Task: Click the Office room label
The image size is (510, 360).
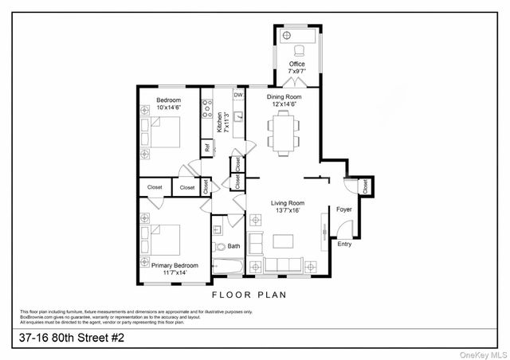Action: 296,64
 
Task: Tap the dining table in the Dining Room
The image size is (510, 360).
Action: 283,131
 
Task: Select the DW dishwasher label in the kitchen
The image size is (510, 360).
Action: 238,94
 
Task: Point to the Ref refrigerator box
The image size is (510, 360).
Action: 207,147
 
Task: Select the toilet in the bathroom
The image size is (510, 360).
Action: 220,246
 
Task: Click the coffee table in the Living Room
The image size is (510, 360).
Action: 284,241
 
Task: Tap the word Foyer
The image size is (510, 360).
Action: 343,209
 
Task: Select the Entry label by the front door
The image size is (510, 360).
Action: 344,245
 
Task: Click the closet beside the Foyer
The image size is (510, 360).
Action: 366,189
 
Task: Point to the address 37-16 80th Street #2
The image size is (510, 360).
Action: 72,338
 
